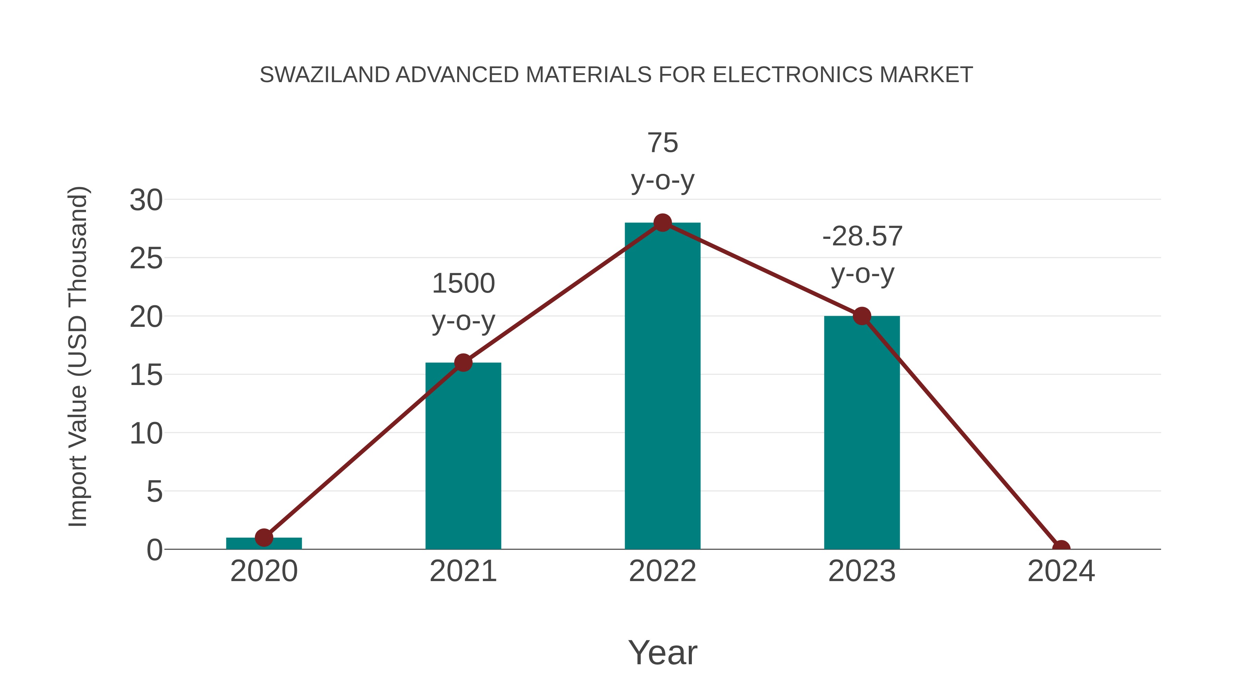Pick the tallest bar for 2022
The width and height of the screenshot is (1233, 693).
(x=662, y=392)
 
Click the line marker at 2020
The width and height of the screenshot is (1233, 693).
(x=264, y=538)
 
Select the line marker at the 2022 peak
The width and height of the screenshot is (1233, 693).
(x=662, y=222)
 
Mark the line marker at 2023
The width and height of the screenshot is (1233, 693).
(x=862, y=316)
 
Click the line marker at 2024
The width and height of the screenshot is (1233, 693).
(x=1061, y=548)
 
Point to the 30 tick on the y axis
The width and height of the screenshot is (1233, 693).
(x=146, y=200)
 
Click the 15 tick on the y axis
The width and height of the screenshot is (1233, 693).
(x=146, y=375)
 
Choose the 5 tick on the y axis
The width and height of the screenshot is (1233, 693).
(x=154, y=492)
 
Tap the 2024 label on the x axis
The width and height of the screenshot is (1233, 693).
(x=1061, y=571)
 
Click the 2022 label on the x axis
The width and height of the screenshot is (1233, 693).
(x=662, y=571)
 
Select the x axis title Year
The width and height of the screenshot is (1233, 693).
(x=662, y=652)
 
